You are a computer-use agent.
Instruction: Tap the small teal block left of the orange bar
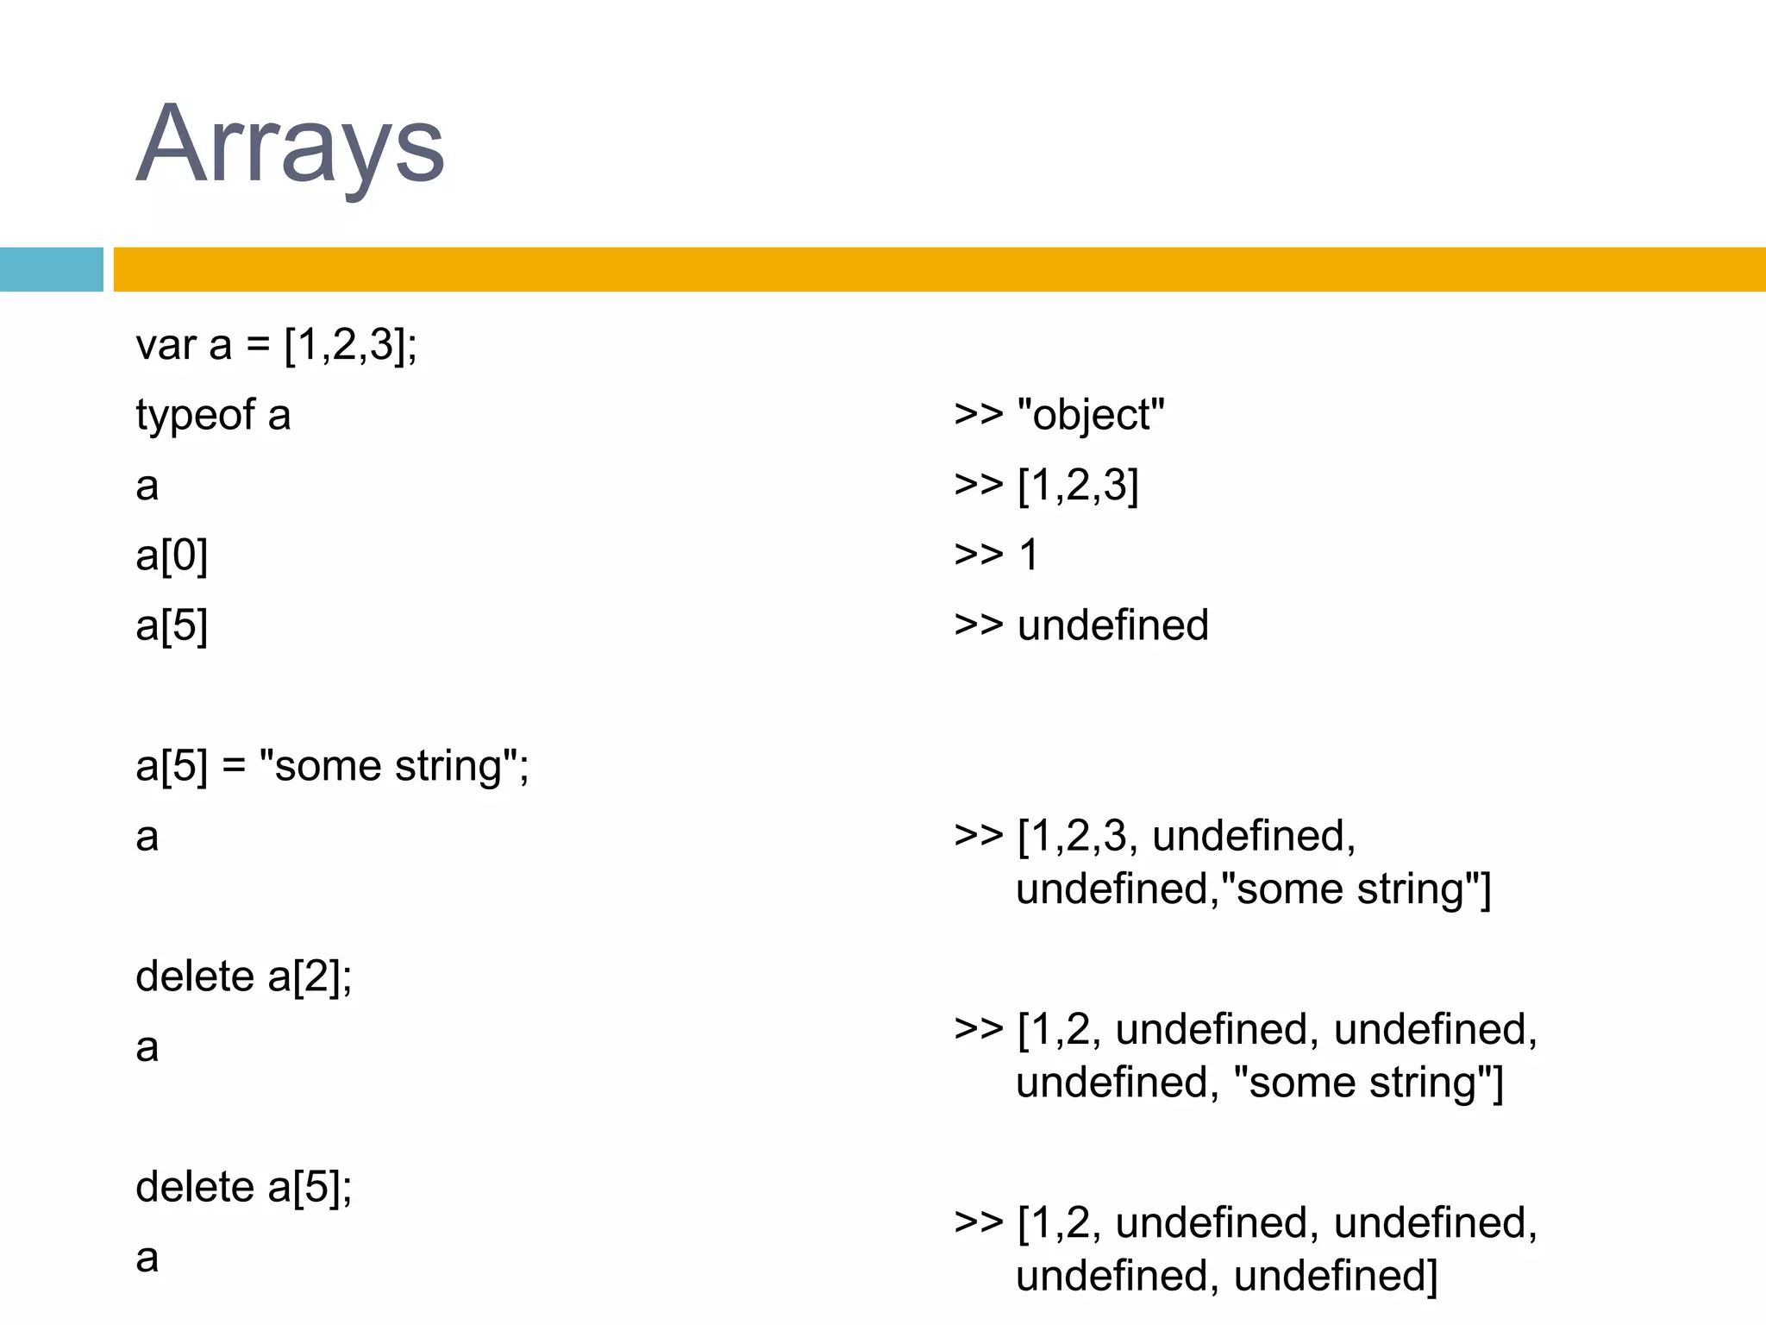[x=51, y=269]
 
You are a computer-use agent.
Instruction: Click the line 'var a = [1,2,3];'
[x=276, y=345]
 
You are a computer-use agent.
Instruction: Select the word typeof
[x=195, y=416]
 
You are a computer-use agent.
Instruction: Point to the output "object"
[x=1091, y=416]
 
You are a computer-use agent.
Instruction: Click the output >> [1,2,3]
[x=1046, y=486]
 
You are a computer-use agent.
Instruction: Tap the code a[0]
[x=172, y=556]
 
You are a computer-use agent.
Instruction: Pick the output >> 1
[x=996, y=555]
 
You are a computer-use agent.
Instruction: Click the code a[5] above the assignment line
[x=172, y=625]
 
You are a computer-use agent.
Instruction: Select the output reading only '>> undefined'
[x=1081, y=625]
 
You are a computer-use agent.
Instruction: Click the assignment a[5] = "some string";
[x=332, y=766]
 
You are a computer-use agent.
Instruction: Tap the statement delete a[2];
[x=244, y=977]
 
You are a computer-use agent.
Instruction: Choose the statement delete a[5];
[x=244, y=1188]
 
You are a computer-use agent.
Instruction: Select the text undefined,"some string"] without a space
[x=1253, y=889]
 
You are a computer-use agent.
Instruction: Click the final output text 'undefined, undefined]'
[x=1227, y=1276]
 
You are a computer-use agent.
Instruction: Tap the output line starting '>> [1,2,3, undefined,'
[x=1155, y=836]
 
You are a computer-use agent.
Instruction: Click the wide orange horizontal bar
[x=939, y=269]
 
